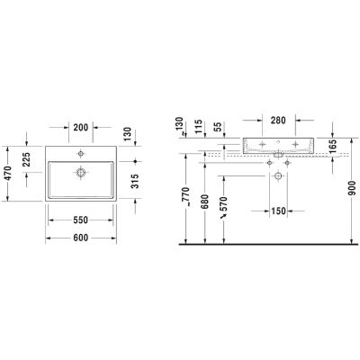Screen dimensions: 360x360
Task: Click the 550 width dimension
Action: (81, 220)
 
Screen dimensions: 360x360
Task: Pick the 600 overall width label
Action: (81, 238)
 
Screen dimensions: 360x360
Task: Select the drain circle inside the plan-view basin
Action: (81, 169)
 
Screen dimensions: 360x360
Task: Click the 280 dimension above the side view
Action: (278, 120)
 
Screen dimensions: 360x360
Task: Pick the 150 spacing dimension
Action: (278, 211)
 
